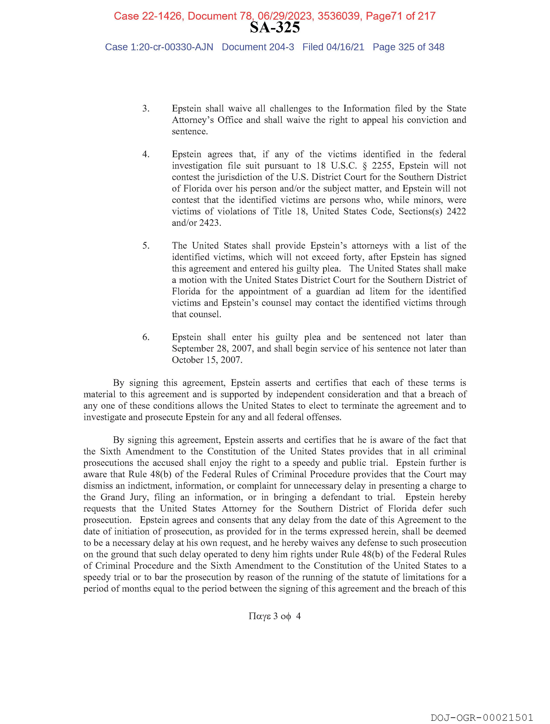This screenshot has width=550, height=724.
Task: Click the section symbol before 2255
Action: (364, 166)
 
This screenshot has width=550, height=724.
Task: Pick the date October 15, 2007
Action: (207, 360)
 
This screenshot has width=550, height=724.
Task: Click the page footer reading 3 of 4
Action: (275, 616)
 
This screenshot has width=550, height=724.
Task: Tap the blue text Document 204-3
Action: (258, 47)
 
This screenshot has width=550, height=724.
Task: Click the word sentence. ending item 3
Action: (190, 132)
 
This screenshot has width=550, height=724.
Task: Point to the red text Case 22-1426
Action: (148, 16)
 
